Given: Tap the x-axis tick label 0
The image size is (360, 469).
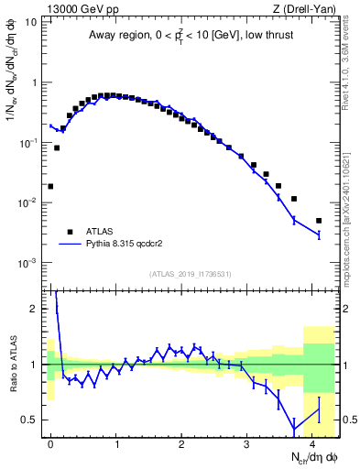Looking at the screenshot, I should (50, 442).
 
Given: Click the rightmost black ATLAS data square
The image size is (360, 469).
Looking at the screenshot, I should (319, 221).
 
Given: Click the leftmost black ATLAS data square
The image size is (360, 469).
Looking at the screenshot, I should (50, 186).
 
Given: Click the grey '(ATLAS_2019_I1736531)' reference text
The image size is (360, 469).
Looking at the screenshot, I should (191, 273).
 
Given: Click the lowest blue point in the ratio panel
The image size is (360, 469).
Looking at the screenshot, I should (293, 430).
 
